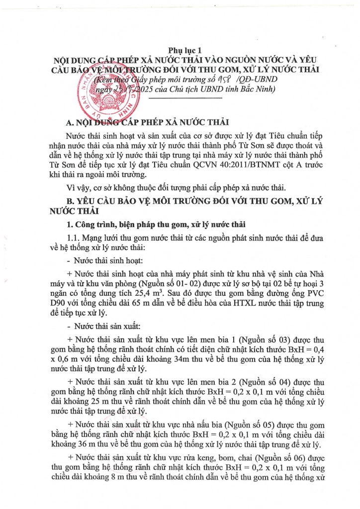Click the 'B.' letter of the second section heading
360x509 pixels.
coord(71,202)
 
